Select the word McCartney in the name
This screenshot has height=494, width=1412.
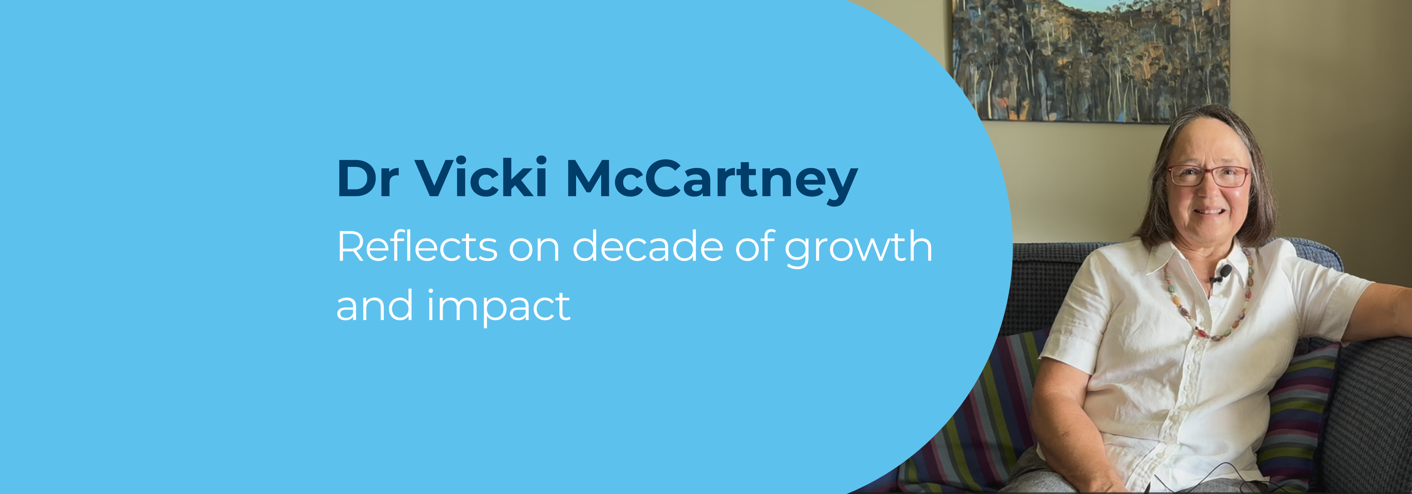click(x=712, y=181)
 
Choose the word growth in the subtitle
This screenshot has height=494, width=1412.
click(x=859, y=249)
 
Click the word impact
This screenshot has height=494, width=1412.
click(x=499, y=308)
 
